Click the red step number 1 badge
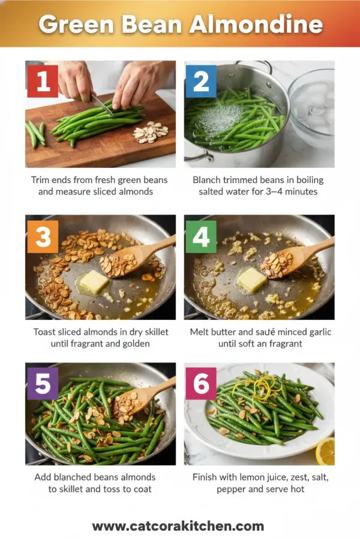[x=43, y=81]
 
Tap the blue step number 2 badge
[x=200, y=81]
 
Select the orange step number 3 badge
[x=43, y=236]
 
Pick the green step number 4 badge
[x=200, y=236]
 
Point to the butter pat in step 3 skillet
[x=94, y=281]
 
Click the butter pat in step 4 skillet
[x=251, y=279]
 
